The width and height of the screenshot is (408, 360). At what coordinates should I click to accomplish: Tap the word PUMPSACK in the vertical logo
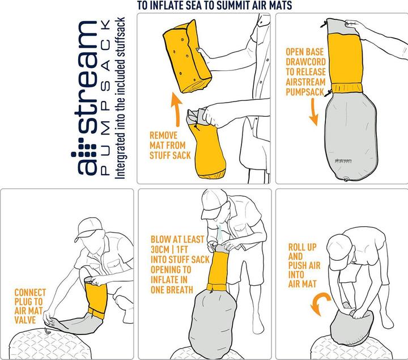[106, 97]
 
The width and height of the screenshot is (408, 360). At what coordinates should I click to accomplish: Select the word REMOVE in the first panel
[163, 135]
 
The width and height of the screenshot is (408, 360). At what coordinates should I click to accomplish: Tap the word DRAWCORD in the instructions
[306, 62]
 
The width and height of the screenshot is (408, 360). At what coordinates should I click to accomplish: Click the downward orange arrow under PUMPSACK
[314, 112]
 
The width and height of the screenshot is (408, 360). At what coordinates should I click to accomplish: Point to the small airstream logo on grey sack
[343, 160]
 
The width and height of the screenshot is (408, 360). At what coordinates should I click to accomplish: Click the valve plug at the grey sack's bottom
[346, 179]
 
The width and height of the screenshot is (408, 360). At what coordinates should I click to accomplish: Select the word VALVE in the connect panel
[25, 320]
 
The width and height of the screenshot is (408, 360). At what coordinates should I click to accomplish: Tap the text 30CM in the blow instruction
[159, 249]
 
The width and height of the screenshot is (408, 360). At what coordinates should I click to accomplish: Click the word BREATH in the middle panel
[181, 290]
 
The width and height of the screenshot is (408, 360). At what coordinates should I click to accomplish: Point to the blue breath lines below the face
[220, 233]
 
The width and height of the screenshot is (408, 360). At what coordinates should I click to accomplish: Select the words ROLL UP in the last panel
[303, 247]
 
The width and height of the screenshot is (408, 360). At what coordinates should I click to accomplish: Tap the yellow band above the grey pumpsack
[347, 88]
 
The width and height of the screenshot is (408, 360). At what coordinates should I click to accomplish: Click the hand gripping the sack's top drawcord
[354, 26]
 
